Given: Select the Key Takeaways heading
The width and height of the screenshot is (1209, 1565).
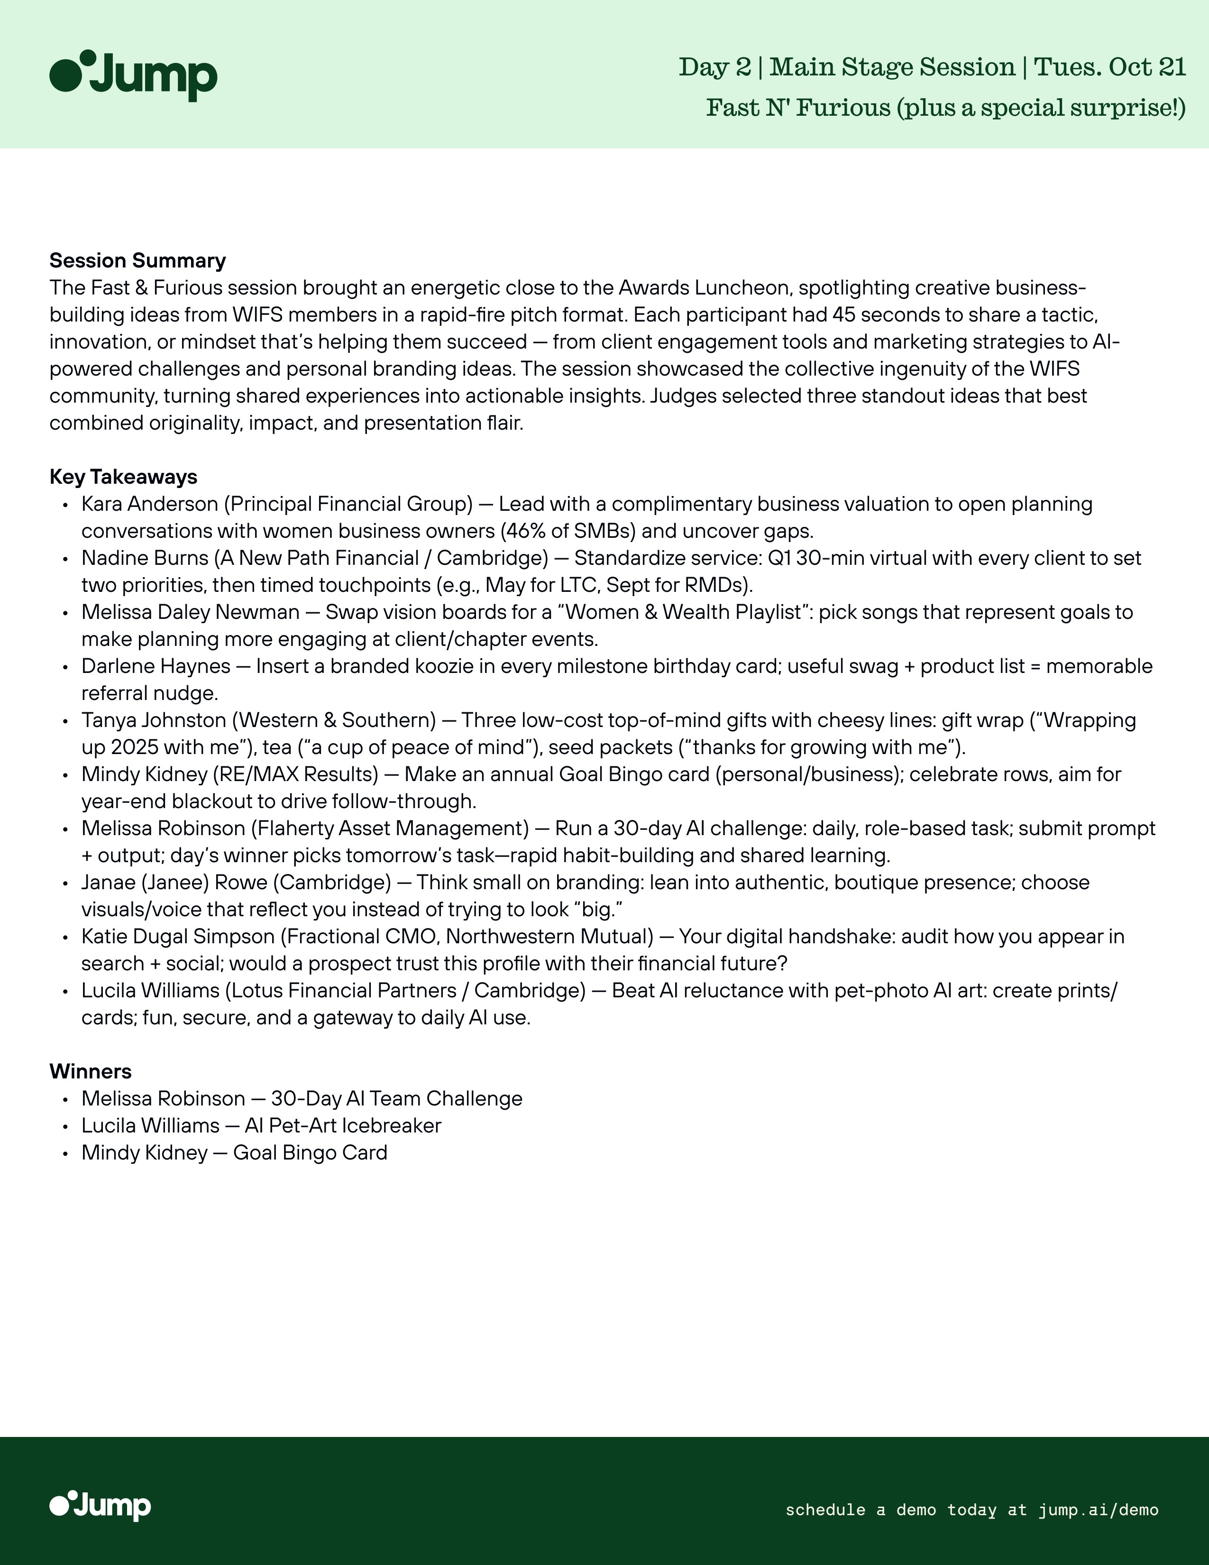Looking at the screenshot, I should click(x=123, y=477).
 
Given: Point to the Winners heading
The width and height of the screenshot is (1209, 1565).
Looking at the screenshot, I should click(x=90, y=1071).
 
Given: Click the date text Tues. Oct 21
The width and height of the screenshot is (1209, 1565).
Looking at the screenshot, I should click(x=1110, y=67).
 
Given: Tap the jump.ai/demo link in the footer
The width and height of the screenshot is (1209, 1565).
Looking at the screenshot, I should click(x=1098, y=1510).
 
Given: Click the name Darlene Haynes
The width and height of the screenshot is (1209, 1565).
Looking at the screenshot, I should click(x=156, y=666).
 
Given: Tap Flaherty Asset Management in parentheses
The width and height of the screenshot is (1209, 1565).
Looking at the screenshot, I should click(x=390, y=829).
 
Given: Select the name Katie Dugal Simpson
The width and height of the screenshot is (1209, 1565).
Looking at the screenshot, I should click(x=178, y=937).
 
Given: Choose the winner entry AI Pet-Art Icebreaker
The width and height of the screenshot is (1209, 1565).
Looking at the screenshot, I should click(x=342, y=1126).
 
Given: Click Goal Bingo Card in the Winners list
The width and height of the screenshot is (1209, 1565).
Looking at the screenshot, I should click(x=310, y=1153).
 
